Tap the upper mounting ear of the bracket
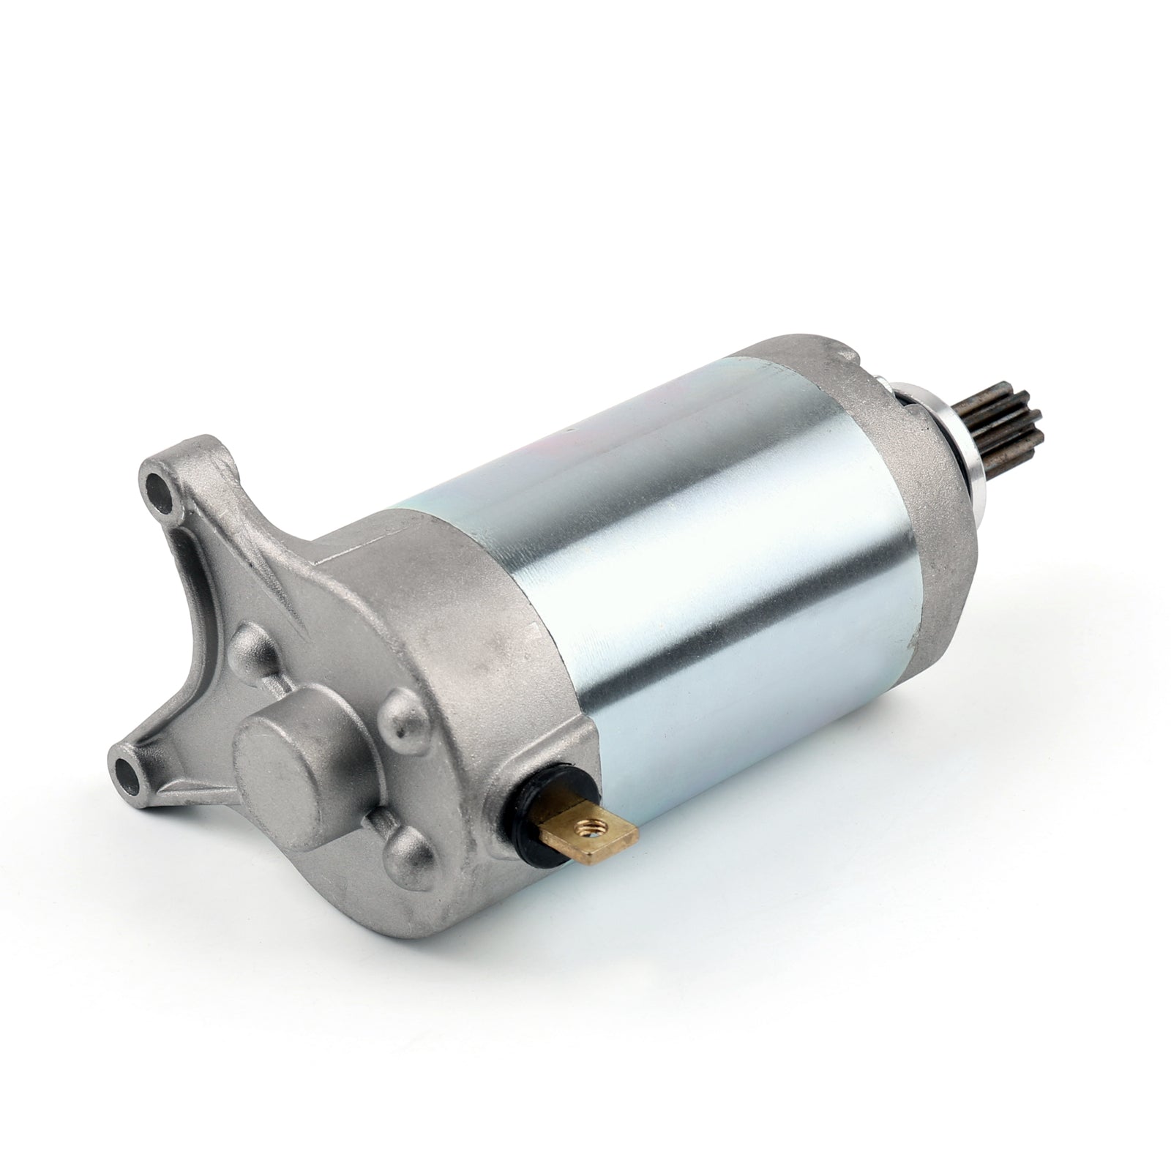click(x=176, y=498)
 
